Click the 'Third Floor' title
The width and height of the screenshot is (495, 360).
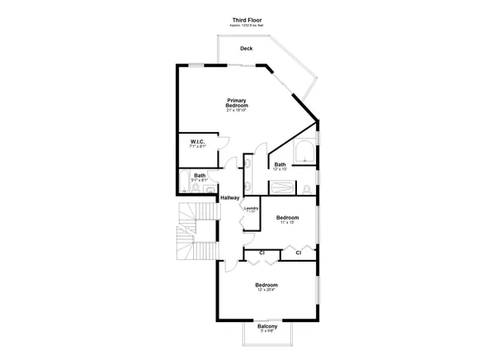click(247, 17)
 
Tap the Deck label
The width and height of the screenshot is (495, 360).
click(246, 49)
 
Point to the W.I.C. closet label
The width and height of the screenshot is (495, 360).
click(197, 141)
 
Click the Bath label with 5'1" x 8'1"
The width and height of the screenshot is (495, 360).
click(200, 175)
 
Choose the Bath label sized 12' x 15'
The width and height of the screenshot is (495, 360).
click(280, 164)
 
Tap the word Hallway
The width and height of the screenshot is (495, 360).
click(229, 197)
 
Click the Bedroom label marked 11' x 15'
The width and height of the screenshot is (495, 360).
click(287, 218)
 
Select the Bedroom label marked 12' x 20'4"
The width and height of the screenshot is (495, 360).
click(266, 285)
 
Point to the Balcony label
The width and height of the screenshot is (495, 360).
click(266, 326)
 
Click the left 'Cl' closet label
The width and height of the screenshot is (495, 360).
click(262, 252)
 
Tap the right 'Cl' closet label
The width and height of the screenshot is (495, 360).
click(298, 252)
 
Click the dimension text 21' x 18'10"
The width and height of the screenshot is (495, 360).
click(238, 110)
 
